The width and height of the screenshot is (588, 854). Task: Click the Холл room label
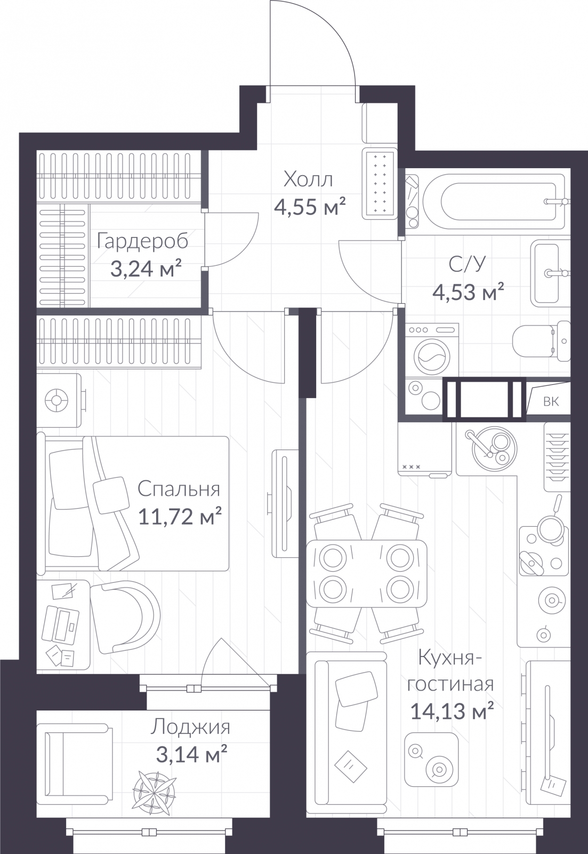308,179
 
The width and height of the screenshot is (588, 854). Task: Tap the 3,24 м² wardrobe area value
146,268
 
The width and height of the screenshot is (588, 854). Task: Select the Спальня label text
179,489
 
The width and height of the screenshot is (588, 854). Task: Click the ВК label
551,401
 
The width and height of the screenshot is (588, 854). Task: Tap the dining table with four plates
366,573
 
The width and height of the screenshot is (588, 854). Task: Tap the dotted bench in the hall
380,184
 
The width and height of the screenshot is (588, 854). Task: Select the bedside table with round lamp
59,400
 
